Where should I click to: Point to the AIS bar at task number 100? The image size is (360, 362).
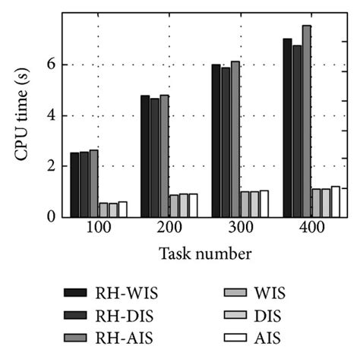122,209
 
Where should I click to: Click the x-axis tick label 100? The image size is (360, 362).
97,229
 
